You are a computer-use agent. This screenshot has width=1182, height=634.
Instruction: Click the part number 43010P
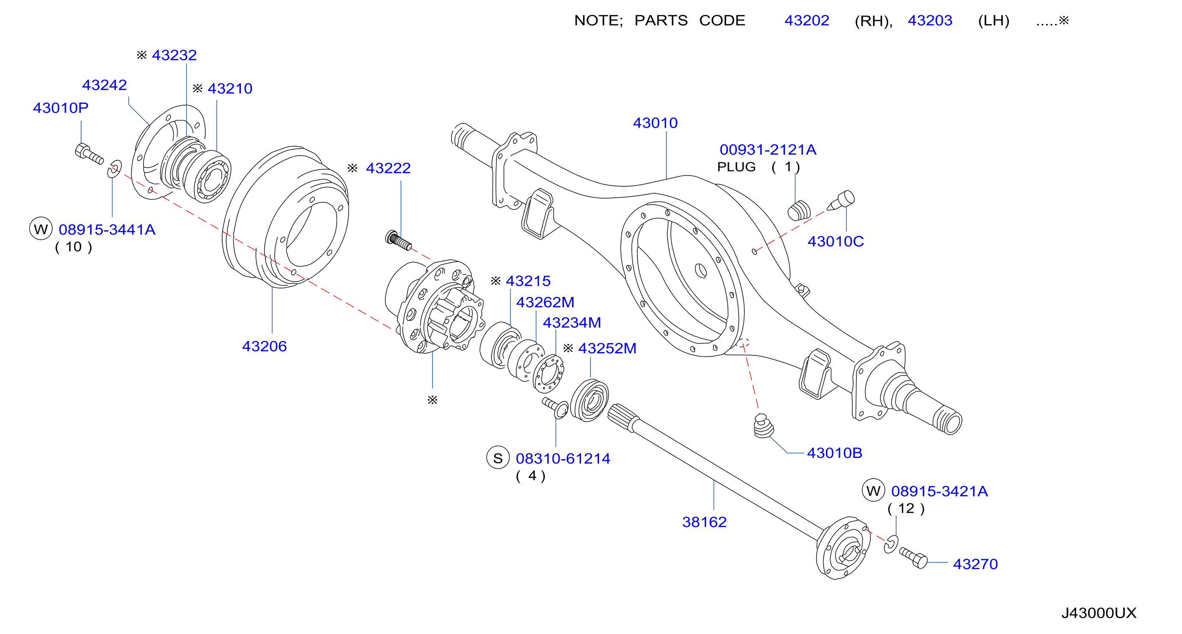[61, 108]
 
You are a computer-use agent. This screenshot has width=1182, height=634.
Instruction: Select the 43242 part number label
[105, 85]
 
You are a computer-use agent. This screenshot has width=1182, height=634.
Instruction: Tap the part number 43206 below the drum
[264, 346]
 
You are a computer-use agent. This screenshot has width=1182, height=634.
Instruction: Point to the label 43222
[388, 168]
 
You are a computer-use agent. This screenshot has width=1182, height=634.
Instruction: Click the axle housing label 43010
[655, 123]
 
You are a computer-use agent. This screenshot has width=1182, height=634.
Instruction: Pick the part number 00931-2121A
[768, 150]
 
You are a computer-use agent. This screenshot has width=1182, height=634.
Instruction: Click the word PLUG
[736, 167]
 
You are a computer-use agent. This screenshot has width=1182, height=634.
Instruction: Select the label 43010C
[836, 241]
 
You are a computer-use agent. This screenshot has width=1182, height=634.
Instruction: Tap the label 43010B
[835, 453]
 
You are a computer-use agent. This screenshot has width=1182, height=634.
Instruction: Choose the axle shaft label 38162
[704, 522]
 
